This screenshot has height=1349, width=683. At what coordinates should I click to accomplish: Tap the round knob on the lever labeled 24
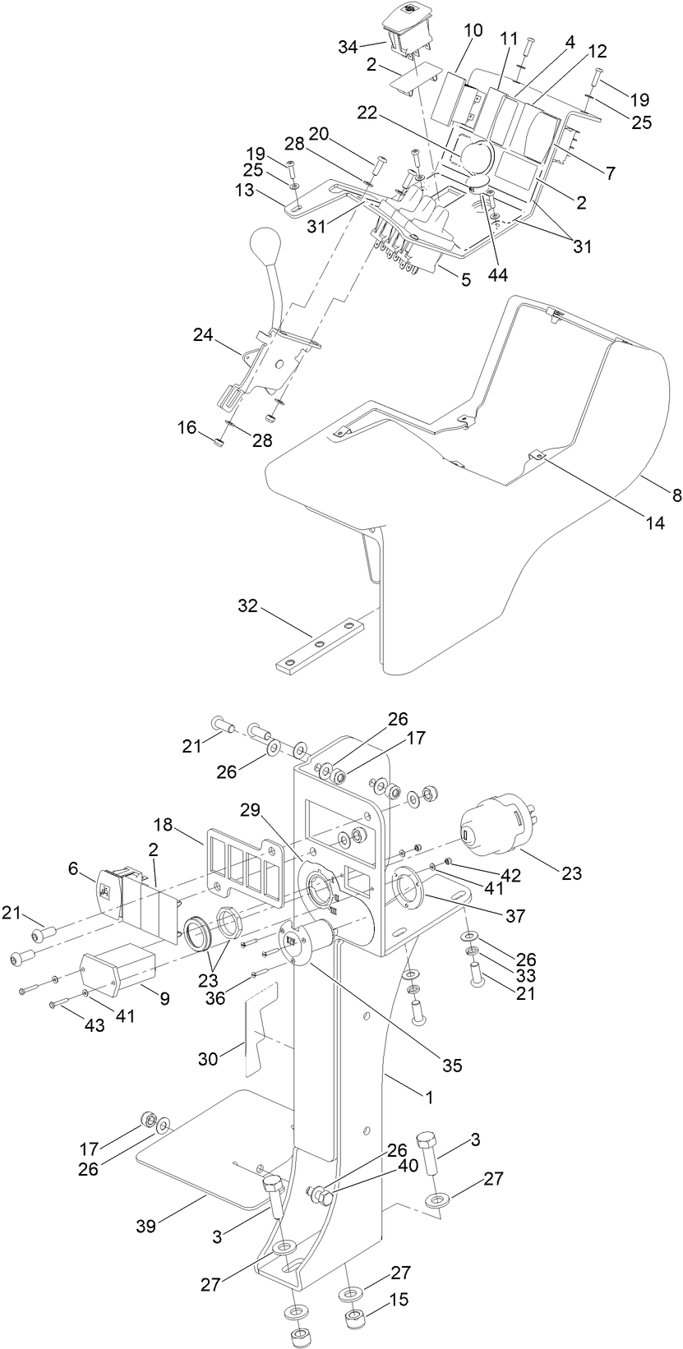(x=265, y=244)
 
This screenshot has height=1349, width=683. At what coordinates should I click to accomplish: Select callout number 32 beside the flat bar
(x=248, y=607)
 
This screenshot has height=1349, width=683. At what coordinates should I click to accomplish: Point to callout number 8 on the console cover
(x=676, y=495)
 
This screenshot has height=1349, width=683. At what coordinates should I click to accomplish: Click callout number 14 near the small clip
(x=655, y=522)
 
